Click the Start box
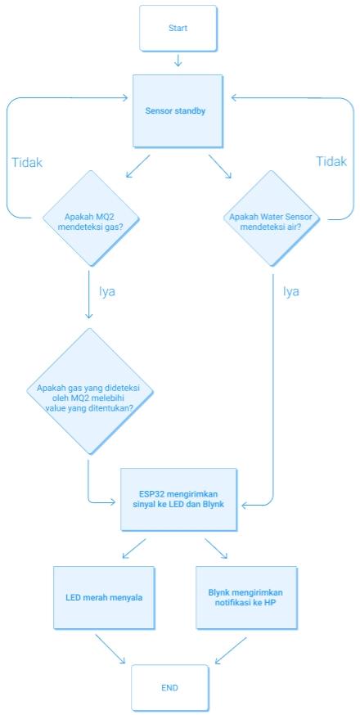pos(178,28)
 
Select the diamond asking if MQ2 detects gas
pos(90,218)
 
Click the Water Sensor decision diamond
pos(270,218)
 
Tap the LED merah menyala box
pos(104,597)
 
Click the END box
pos(169,687)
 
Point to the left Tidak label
pos(27,162)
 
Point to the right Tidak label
pos(331,162)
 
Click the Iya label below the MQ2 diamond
pos(108,290)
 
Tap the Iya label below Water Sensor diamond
pos(290,290)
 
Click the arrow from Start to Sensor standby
pos(178,61)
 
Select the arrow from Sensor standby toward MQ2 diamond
pos(137,166)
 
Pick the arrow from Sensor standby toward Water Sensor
pos(219,166)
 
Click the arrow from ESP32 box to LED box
pos(133,549)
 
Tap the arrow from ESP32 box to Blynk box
pos(217,549)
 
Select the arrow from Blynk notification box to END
pos(230,650)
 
